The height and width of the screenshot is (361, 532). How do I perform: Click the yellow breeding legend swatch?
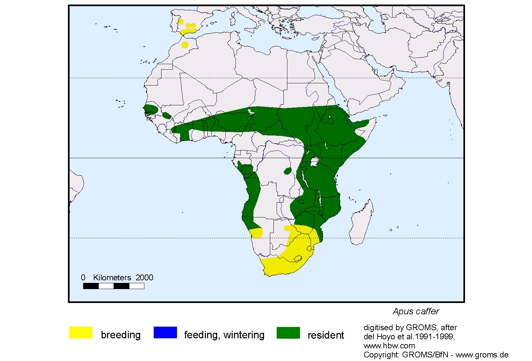(81, 332)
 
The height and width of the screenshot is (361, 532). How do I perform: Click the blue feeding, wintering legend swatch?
(165, 332)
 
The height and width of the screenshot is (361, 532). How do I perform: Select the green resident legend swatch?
(288, 332)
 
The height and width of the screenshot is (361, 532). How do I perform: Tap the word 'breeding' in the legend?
(121, 335)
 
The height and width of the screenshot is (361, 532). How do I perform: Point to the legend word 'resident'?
(326, 335)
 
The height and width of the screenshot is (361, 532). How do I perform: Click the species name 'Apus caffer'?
(416, 311)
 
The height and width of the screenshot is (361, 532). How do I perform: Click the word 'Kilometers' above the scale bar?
(112, 277)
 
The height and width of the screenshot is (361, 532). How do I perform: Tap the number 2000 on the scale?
(144, 277)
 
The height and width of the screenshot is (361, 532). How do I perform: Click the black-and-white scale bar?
(114, 286)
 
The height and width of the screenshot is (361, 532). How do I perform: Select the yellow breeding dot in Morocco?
(185, 45)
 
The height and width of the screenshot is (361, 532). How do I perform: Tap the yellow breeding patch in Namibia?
(256, 233)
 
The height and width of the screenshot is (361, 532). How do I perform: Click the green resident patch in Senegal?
(150, 109)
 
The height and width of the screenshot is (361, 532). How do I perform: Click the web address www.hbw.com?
(389, 346)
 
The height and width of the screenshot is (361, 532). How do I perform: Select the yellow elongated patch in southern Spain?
(188, 31)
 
